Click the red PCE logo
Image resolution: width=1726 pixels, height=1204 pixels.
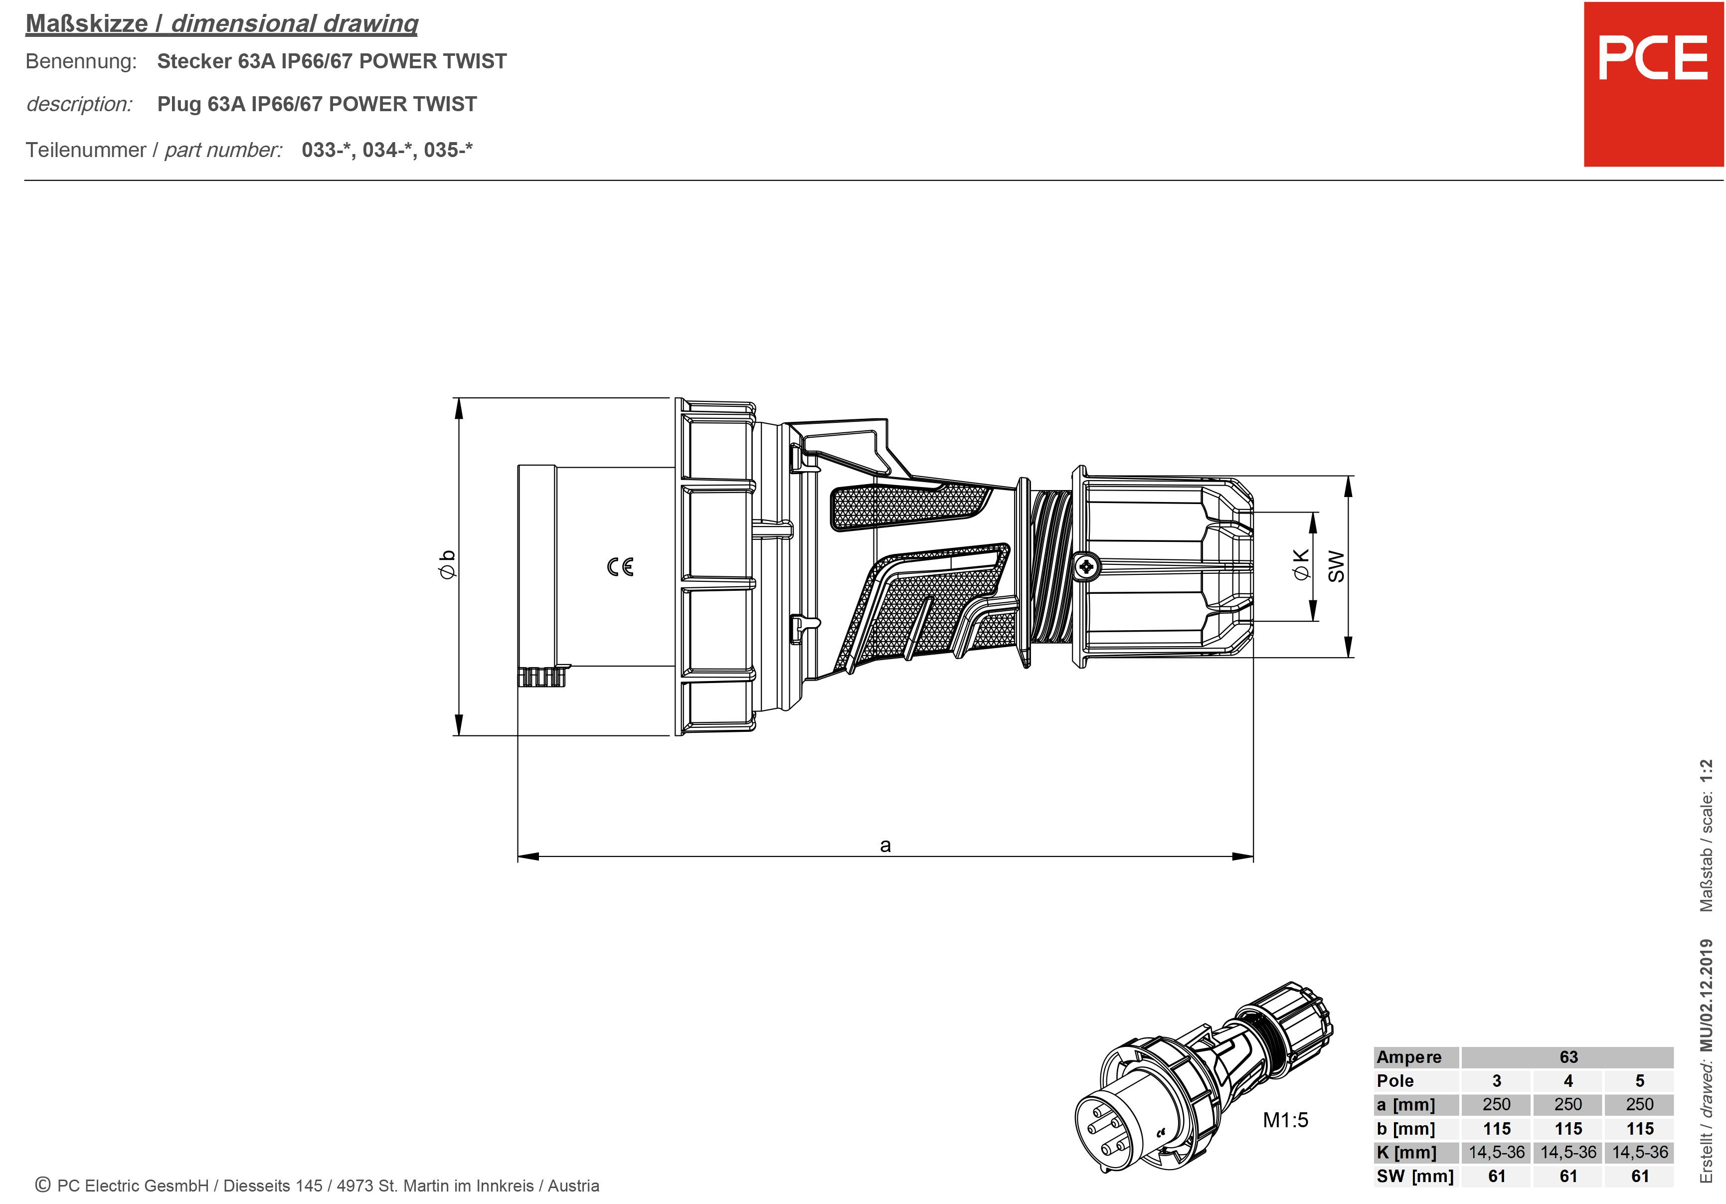click(x=1652, y=84)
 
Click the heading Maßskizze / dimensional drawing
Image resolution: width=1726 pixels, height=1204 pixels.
click(x=222, y=24)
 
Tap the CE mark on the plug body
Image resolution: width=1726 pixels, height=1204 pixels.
click(x=620, y=567)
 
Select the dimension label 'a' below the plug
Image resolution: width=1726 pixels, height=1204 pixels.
click(x=885, y=846)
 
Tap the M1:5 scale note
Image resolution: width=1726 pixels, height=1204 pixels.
click(x=1285, y=1120)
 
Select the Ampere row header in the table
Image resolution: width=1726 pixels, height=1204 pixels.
click(x=1409, y=1057)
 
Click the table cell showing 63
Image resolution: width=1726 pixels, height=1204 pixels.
click(x=1568, y=1057)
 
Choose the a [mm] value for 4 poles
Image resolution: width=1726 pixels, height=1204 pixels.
click(x=1568, y=1104)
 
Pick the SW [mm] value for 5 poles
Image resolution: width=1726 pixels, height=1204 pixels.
click(x=1640, y=1176)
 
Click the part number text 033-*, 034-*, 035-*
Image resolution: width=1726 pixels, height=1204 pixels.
click(x=387, y=150)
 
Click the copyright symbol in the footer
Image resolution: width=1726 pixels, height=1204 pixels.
click(x=43, y=1185)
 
